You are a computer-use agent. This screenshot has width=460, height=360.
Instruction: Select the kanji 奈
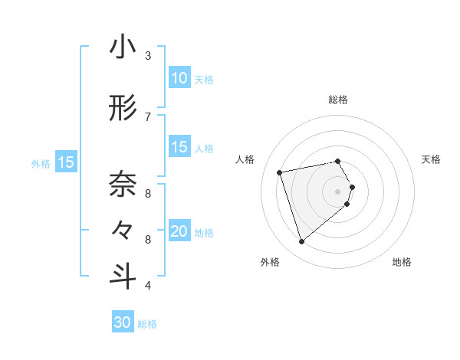coord(123,185)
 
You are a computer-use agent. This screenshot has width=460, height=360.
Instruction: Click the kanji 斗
coord(123,277)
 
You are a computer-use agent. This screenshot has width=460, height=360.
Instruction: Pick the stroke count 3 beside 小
coord(147,56)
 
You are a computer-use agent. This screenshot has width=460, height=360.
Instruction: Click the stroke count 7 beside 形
coord(147,116)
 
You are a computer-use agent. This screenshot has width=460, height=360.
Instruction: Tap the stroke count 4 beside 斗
coord(147,286)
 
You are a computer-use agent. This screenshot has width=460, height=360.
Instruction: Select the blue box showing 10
coord(179,77)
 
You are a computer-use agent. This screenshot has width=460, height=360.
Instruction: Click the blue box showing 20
coord(179,231)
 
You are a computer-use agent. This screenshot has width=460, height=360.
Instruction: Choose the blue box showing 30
coord(123,322)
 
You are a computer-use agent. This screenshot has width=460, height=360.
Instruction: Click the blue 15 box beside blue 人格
coord(179,147)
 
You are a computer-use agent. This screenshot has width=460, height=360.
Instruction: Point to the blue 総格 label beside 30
coord(147,324)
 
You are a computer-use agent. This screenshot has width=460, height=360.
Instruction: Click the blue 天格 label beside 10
coord(204,79)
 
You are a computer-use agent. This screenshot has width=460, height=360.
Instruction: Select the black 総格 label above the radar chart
coord(338,100)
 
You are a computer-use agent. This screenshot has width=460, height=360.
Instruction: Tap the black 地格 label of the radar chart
coord(402,263)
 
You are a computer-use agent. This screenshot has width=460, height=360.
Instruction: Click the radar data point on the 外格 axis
coord(301,241)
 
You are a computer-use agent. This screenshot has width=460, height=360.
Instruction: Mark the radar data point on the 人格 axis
coord(280,172)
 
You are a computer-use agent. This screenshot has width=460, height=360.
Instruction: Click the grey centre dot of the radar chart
coord(338,191)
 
